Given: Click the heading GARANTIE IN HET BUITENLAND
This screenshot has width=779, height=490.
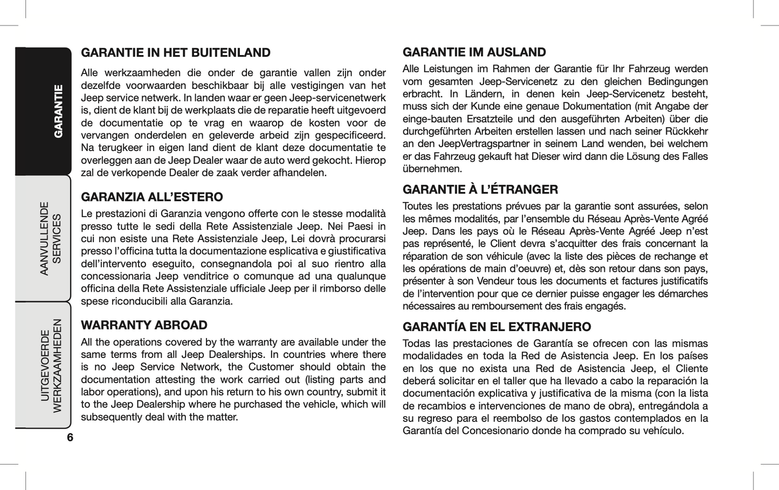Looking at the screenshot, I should pos(175,53).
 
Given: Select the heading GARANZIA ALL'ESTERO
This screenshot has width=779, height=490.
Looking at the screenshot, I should pos(151,197).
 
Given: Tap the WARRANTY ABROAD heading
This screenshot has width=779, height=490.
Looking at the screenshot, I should pos(144,325).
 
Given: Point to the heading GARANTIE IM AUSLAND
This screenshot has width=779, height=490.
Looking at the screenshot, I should pos(474,52).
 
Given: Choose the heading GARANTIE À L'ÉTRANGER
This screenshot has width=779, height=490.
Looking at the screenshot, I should pos(480,190).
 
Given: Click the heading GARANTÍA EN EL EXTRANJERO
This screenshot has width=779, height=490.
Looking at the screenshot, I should pos(497,327).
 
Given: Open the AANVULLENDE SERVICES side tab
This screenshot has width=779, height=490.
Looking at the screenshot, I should pos(51,238).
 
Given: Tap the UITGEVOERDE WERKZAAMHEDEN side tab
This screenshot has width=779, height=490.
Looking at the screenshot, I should pos(51,365).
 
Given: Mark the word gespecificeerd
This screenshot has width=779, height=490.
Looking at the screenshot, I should pos(350,135).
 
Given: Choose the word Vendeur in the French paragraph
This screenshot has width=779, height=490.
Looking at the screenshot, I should pos(482,281).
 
